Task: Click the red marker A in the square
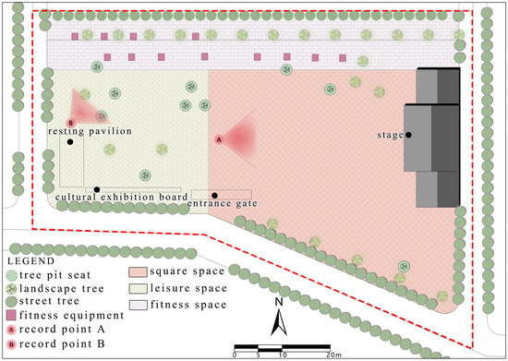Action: (219, 139)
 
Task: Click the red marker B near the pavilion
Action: (70, 123)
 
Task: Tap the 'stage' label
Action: (391, 135)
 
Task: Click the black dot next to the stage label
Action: (408, 135)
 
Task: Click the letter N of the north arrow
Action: (278, 302)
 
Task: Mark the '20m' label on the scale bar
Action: (333, 354)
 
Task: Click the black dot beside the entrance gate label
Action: (214, 195)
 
